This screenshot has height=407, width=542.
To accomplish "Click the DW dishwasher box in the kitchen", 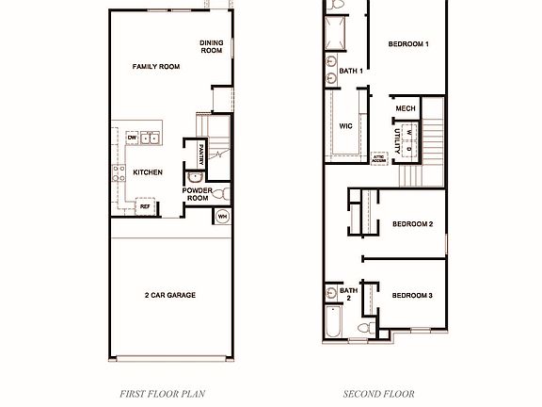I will coord(132,138).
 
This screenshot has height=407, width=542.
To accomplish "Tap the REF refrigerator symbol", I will coord(146,205).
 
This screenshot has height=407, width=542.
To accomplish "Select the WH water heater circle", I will coord(223,216).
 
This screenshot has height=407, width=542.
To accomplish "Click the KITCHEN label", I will coord(148,172).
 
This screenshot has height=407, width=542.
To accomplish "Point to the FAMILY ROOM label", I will coord(155,67).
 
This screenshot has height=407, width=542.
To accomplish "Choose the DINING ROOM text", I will coord(212,46).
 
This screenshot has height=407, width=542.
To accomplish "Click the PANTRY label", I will coord(201,151).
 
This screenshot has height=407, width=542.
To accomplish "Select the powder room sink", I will coord(195,176).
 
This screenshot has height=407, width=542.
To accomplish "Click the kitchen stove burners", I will coord(120,172).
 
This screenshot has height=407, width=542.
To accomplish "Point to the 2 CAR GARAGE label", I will coord(169,296).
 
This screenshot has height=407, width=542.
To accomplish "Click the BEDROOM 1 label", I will coord(408,44).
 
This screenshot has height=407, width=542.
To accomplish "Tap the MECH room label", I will coord(406,109).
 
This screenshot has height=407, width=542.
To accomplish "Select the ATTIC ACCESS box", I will coord(378,159).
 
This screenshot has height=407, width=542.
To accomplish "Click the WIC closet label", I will coord(345,125).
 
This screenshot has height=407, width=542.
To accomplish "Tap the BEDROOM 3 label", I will coord(412,296).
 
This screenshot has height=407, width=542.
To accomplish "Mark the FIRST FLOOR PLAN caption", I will coord(163,394).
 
